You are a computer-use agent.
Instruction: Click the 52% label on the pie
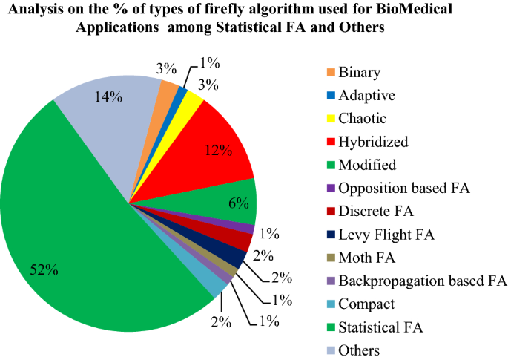[x=44, y=270]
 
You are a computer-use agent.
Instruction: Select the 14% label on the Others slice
[x=109, y=97]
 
